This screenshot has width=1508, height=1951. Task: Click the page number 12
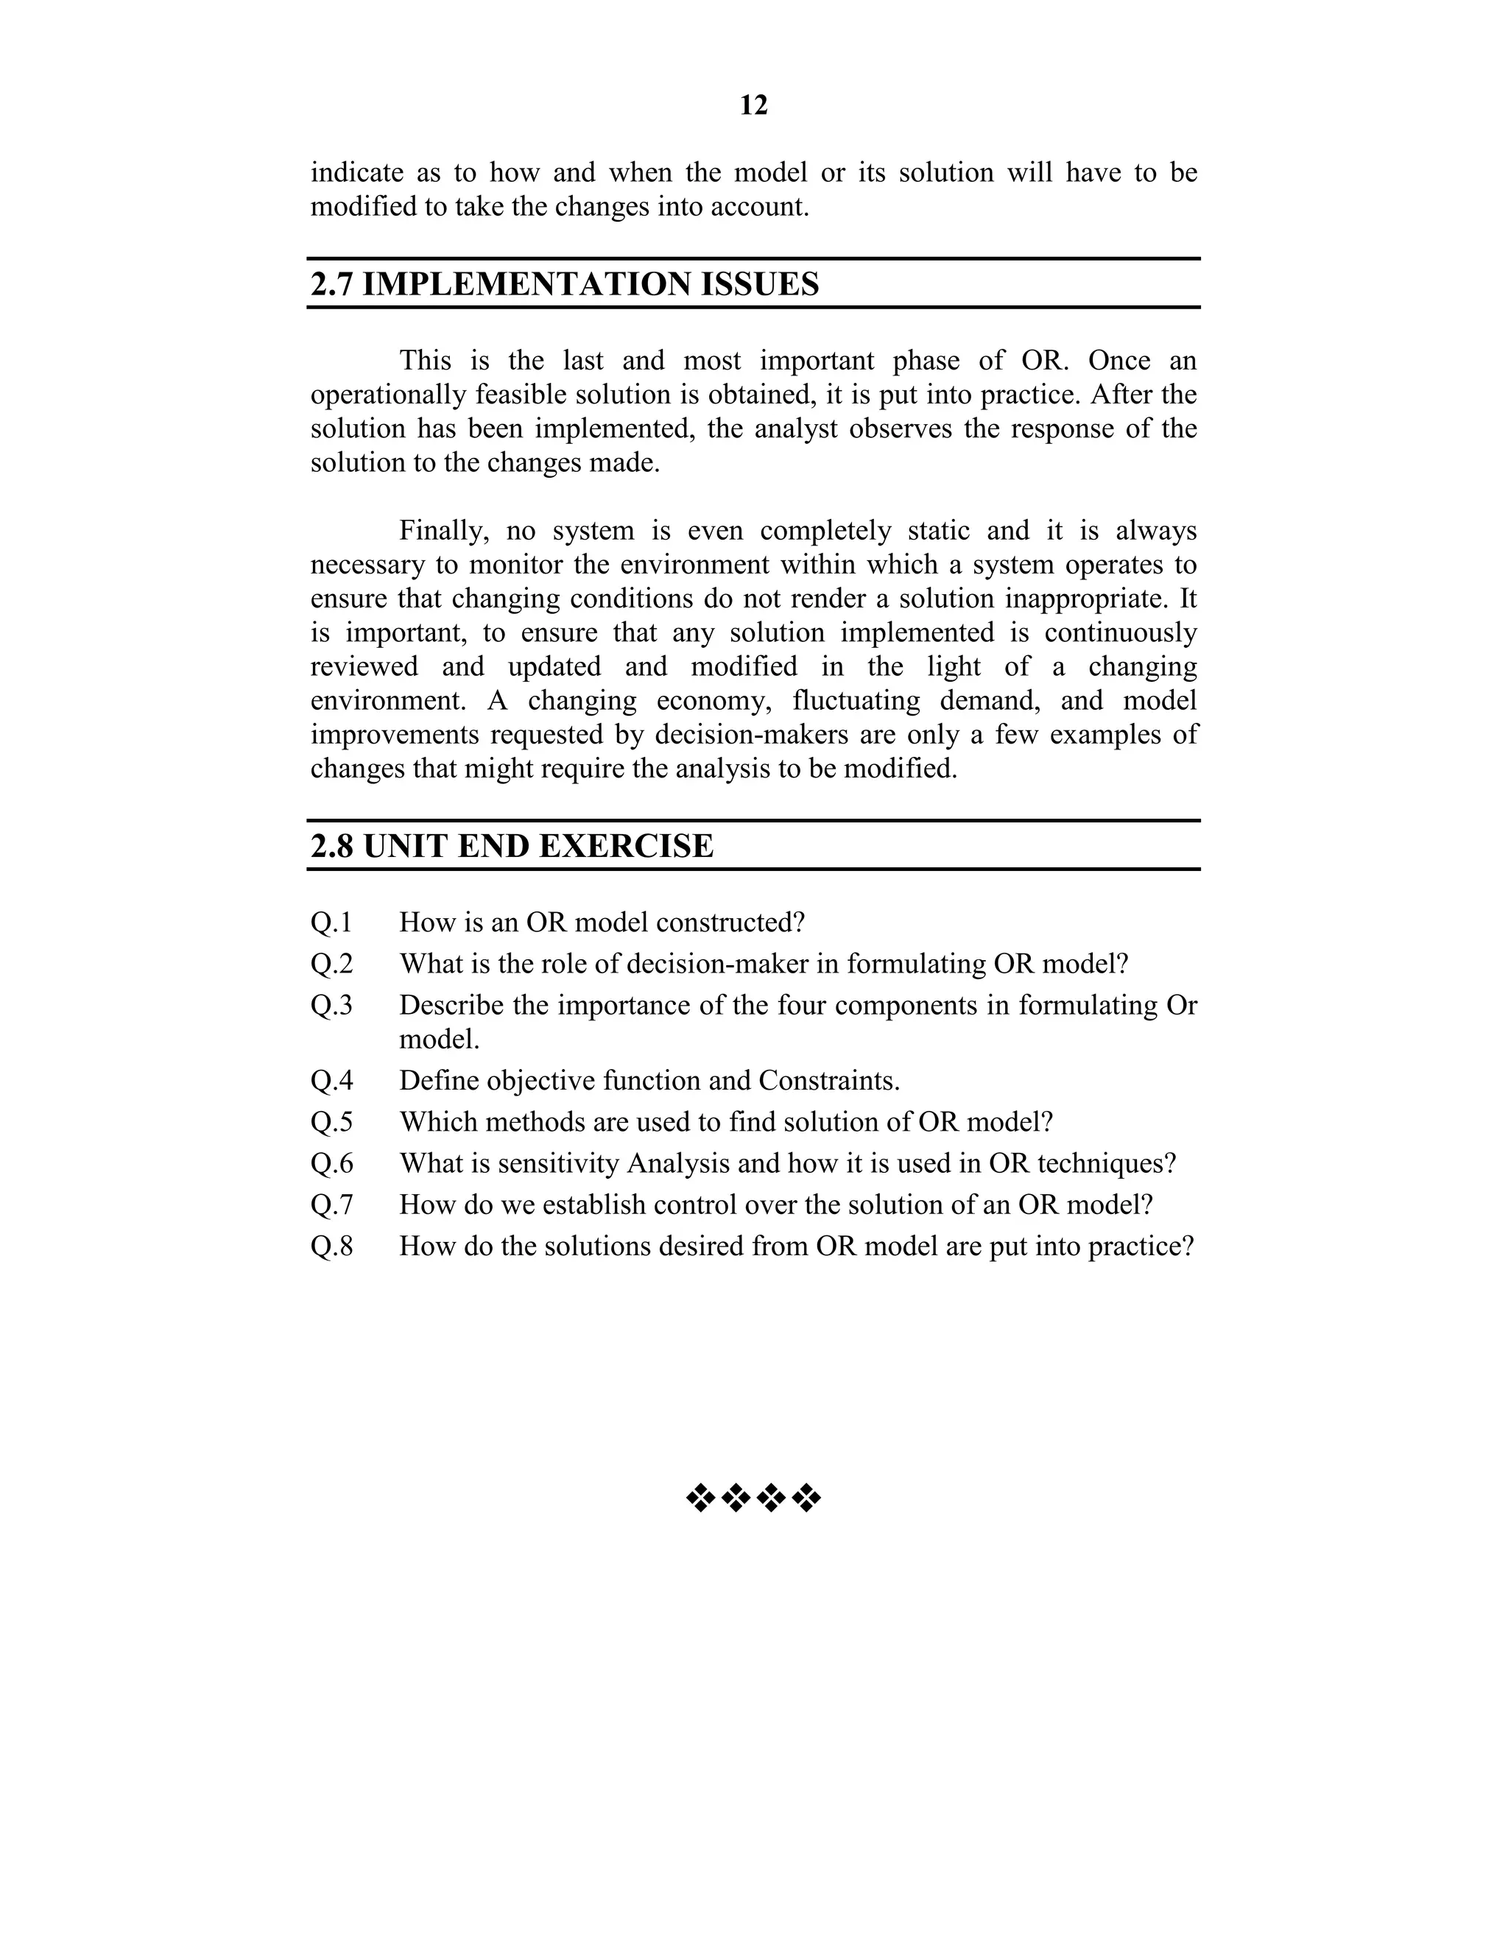(x=753, y=105)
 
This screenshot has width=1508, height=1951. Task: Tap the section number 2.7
(x=332, y=284)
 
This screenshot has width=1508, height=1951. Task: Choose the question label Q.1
(x=331, y=922)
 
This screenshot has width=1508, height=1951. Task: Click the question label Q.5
(x=331, y=1122)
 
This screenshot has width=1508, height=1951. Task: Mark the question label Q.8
(x=331, y=1246)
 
